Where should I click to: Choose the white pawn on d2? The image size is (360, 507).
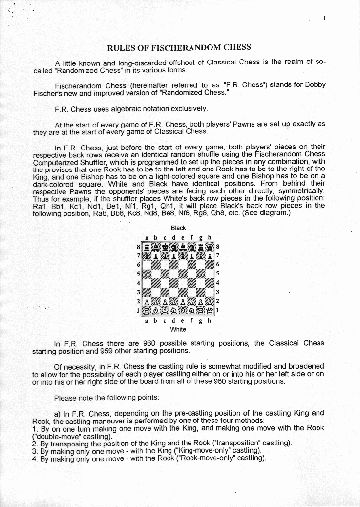point(174,301)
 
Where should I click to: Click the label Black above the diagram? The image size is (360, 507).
point(178,228)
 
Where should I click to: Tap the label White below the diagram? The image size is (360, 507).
point(178,329)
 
